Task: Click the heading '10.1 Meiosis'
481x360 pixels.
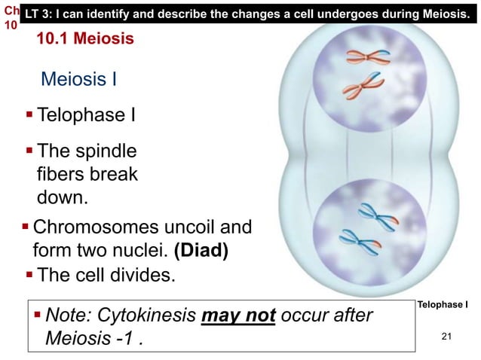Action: point(85,38)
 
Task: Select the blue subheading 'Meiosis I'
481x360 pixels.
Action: point(78,78)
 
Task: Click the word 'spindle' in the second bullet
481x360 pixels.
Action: point(106,153)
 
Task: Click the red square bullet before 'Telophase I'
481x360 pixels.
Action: point(29,115)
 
